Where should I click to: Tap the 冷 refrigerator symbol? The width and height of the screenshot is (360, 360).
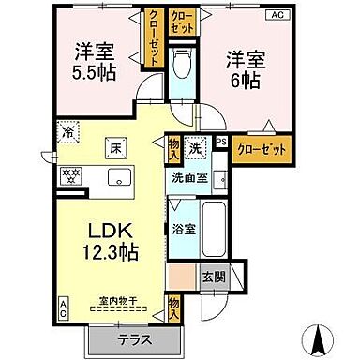(67, 132)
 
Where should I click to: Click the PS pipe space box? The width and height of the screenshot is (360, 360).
(221, 142)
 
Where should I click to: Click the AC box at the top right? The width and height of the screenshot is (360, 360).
(278, 14)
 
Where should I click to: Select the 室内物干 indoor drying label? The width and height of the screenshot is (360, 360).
(118, 302)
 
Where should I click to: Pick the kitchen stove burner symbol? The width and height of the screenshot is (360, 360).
(68, 175)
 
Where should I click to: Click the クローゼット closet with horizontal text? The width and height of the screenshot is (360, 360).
(261, 148)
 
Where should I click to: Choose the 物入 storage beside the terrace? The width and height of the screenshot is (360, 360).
(174, 308)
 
